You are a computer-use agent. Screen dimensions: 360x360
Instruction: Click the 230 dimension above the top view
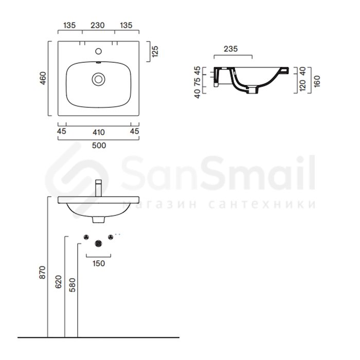tap(98, 25)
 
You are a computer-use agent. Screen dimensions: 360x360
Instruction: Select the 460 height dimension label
tap(43, 78)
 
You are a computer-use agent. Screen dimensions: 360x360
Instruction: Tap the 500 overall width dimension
tap(99, 146)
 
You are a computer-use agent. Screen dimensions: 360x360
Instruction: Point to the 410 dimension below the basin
tap(99, 132)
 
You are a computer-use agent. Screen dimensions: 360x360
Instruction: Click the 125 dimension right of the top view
tap(155, 51)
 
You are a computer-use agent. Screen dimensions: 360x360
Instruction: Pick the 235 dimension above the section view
tap(231, 49)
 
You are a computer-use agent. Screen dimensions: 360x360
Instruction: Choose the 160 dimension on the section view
tap(317, 81)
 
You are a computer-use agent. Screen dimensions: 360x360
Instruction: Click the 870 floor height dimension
tap(43, 273)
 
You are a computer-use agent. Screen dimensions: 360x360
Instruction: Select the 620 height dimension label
tap(59, 282)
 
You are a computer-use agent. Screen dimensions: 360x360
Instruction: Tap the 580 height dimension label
tap(73, 285)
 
